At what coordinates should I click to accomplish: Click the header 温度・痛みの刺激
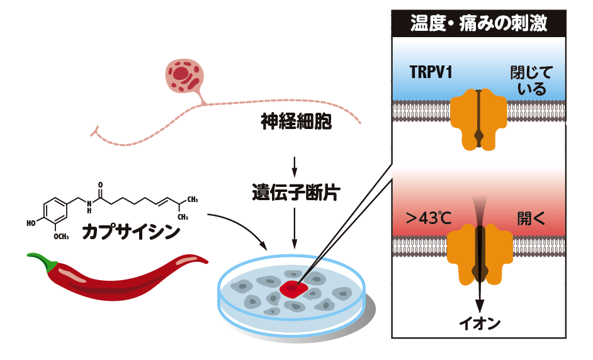coord(478,24)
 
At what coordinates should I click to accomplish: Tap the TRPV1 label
coord(429,72)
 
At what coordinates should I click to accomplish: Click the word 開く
coord(531,218)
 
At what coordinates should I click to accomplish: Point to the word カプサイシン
coord(131,232)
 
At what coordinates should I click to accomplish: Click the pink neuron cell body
coord(183,76)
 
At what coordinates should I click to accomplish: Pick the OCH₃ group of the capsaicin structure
coord(61,237)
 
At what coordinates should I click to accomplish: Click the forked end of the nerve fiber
coord(94,130)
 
